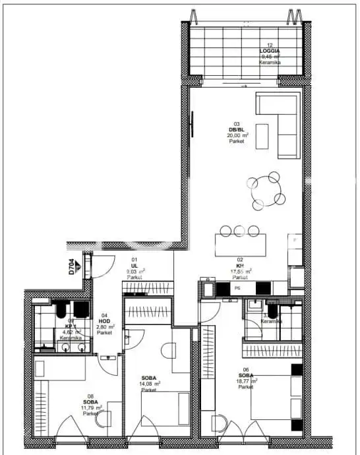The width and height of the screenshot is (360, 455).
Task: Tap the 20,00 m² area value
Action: coord(237,135)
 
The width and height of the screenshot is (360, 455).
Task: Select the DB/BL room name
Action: coord(236,129)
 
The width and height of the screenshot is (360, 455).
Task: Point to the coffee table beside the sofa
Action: coord(262,136)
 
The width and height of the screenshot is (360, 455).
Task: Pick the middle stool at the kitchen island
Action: coord(239,230)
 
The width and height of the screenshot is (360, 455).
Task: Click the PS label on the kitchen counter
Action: coord(236,288)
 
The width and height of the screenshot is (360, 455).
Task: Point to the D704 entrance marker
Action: coord(71,266)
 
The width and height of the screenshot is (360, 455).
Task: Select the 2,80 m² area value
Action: coord(105,326)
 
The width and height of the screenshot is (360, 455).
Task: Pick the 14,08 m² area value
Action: coord(148,383)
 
